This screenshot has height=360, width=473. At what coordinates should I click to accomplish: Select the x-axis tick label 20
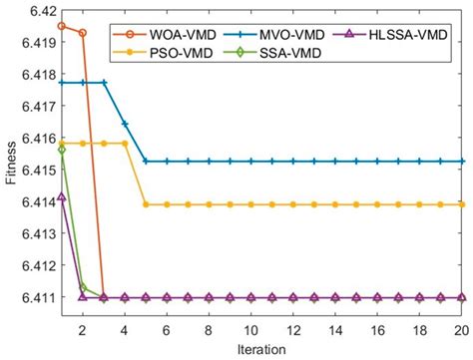(462, 330)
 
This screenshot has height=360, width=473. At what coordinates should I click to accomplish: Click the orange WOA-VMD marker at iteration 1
(62, 26)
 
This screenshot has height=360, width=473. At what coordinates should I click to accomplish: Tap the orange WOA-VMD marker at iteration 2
(83, 33)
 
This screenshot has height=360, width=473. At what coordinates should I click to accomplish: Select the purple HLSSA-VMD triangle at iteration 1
(62, 196)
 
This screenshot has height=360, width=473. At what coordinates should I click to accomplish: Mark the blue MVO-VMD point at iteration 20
(462, 161)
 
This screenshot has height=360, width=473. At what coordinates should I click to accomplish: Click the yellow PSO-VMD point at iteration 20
(462, 204)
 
